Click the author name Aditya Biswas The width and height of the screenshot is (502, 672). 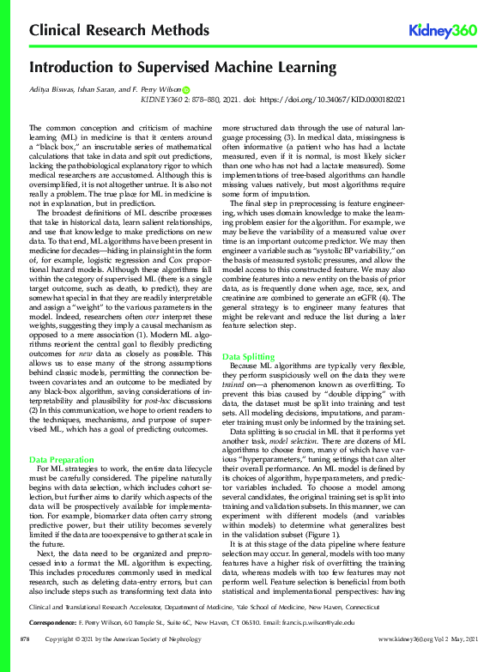coord(50,88)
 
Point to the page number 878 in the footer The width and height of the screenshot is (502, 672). coord(26,664)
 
